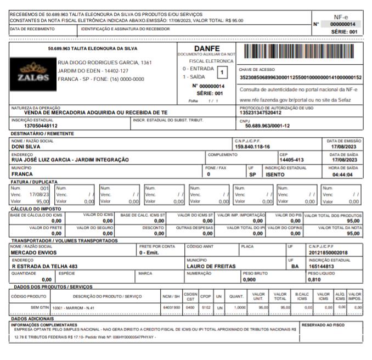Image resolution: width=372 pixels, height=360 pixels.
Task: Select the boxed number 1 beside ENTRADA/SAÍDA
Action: click(x=221, y=72)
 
